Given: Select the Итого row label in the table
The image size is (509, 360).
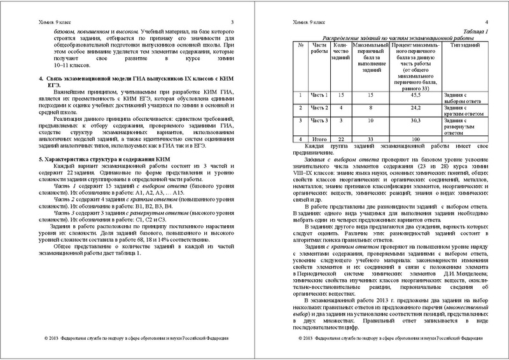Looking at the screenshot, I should click(x=319, y=139).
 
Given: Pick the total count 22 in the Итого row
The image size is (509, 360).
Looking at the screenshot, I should click(x=341, y=139).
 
